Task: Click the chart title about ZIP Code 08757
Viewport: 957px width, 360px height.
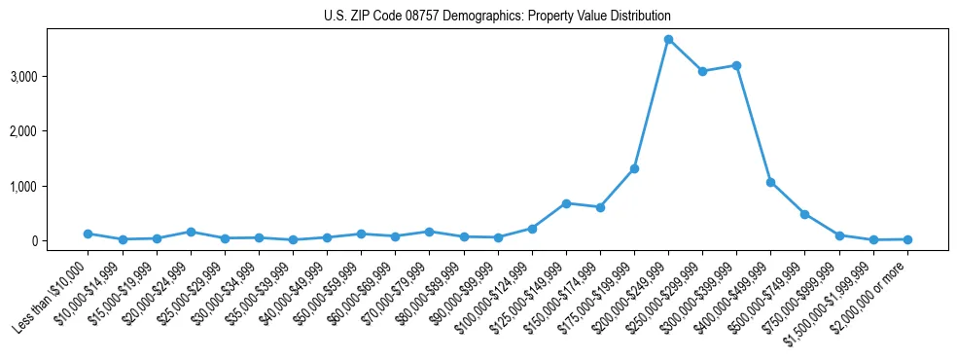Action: coord(497,17)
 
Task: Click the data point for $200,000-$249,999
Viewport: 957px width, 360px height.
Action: coord(668,39)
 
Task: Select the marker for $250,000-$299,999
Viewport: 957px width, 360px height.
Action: coord(702,71)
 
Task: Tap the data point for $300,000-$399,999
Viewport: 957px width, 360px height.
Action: coord(736,65)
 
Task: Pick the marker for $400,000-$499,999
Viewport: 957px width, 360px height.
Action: coord(770,182)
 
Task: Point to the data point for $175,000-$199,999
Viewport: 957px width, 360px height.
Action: coord(634,168)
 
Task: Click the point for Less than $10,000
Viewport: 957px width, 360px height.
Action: coord(89,234)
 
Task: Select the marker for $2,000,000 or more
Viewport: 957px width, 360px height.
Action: coord(907,239)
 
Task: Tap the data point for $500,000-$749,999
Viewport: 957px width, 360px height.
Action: coord(804,214)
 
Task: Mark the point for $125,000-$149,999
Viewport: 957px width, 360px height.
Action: coord(566,203)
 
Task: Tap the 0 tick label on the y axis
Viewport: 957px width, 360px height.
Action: coord(59,240)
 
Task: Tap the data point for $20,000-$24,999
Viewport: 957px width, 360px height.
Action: coord(191,232)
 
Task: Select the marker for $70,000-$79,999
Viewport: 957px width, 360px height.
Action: coord(429,232)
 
